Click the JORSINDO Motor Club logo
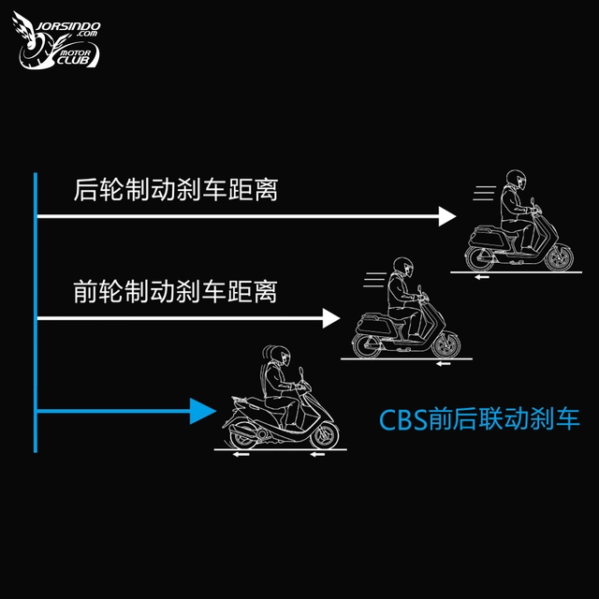57,41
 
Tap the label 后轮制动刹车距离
175,189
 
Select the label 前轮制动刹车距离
175,291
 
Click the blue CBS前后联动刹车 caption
479,419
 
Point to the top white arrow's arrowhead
447,216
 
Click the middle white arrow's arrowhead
330,318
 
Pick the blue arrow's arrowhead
203,411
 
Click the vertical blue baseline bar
36,313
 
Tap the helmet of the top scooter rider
516,180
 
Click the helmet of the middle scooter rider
403,267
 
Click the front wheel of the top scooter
560,258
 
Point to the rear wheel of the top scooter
479,258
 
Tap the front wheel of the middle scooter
446,344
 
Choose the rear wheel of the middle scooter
366,345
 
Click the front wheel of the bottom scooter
325,435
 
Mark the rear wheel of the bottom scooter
243,436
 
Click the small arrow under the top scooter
482,277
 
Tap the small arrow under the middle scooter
444,364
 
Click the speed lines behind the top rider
485,194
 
